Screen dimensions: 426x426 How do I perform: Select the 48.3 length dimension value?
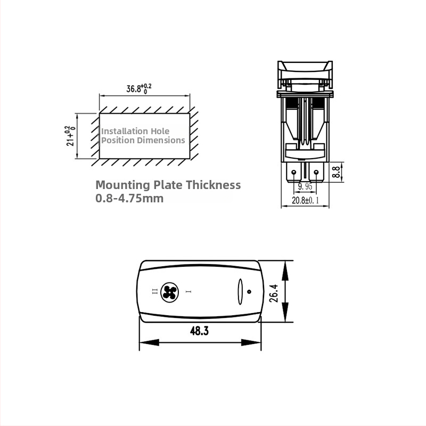pyautogui.click(x=199, y=331)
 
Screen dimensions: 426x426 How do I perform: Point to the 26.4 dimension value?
pyautogui.click(x=274, y=293)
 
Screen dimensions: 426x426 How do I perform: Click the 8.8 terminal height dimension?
pyautogui.click(x=337, y=172)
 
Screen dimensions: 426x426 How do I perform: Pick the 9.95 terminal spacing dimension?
pyautogui.click(x=305, y=186)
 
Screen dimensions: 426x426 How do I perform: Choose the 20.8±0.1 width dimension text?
pyautogui.click(x=305, y=201)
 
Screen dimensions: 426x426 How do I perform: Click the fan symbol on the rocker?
pyautogui.click(x=169, y=292)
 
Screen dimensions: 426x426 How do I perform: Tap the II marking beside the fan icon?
pyautogui.click(x=154, y=292)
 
